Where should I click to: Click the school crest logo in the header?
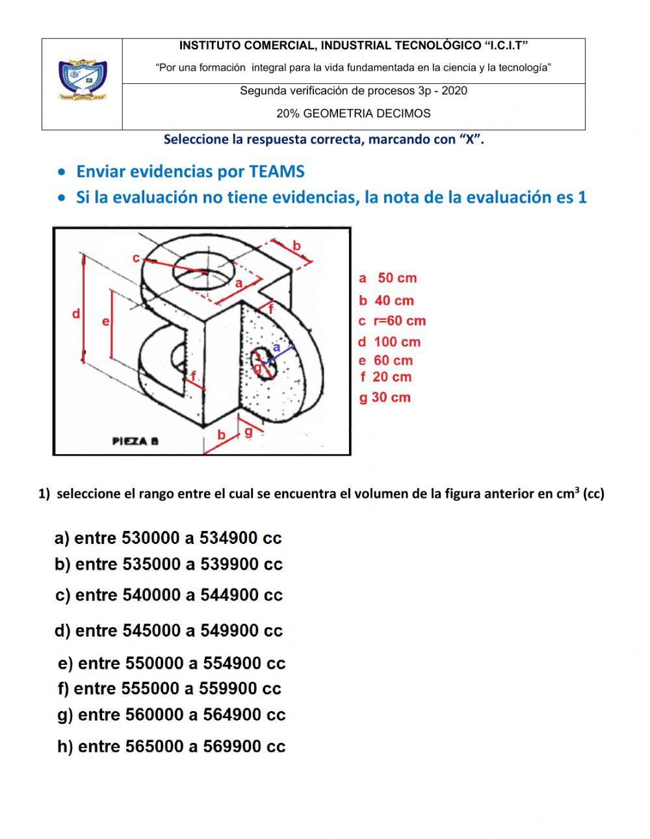click(x=82, y=81)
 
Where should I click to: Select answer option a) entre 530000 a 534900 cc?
click(x=168, y=538)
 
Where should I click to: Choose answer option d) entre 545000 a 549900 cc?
click(x=169, y=630)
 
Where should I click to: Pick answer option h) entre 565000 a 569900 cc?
click(x=172, y=747)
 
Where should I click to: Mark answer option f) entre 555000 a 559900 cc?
click(x=169, y=688)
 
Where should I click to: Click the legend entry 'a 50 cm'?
click(x=387, y=278)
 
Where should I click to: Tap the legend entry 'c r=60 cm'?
click(x=392, y=320)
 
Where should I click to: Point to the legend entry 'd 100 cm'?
click(x=389, y=342)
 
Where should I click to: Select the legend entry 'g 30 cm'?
click(x=385, y=398)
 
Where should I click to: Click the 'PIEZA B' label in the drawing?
click(x=135, y=441)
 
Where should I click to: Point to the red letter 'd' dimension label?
click(x=76, y=315)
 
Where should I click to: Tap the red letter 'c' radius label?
click(x=136, y=258)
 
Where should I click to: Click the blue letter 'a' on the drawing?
click(x=276, y=348)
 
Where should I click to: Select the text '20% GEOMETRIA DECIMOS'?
click(x=354, y=114)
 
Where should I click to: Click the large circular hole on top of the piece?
click(x=204, y=271)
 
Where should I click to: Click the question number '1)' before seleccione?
click(x=44, y=494)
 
